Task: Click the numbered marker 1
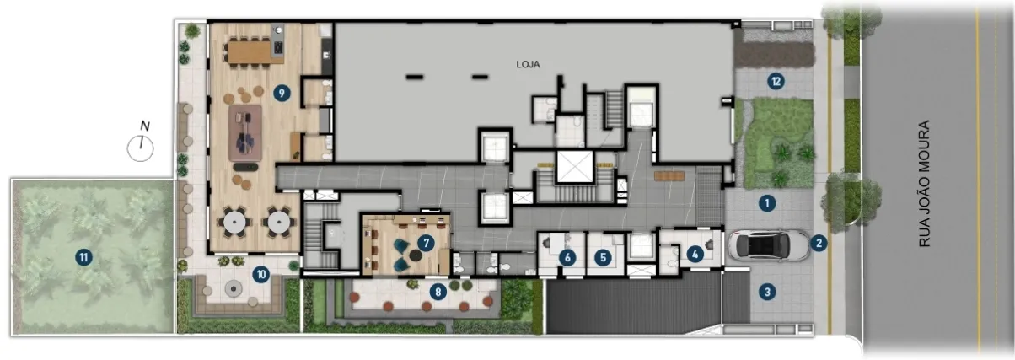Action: (x=766, y=203)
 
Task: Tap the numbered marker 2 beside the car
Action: (x=819, y=244)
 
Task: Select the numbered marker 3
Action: (x=766, y=292)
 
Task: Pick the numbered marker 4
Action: (x=695, y=255)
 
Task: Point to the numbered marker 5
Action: (x=603, y=257)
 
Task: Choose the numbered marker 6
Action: (x=567, y=257)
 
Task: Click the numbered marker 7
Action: (x=426, y=243)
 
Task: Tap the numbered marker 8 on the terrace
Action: (x=438, y=292)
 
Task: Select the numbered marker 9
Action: (x=282, y=94)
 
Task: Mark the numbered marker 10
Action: (x=260, y=274)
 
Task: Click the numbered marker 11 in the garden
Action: (x=83, y=258)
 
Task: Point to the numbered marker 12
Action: (x=776, y=82)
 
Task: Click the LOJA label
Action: (x=528, y=64)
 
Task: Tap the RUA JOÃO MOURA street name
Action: (x=924, y=184)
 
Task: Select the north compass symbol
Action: (x=141, y=144)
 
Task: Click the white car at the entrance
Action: (x=769, y=245)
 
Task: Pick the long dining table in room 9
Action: (x=249, y=52)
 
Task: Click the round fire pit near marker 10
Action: (x=234, y=288)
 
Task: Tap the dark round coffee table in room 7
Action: (x=415, y=255)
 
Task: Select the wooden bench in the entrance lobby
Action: (x=669, y=176)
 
